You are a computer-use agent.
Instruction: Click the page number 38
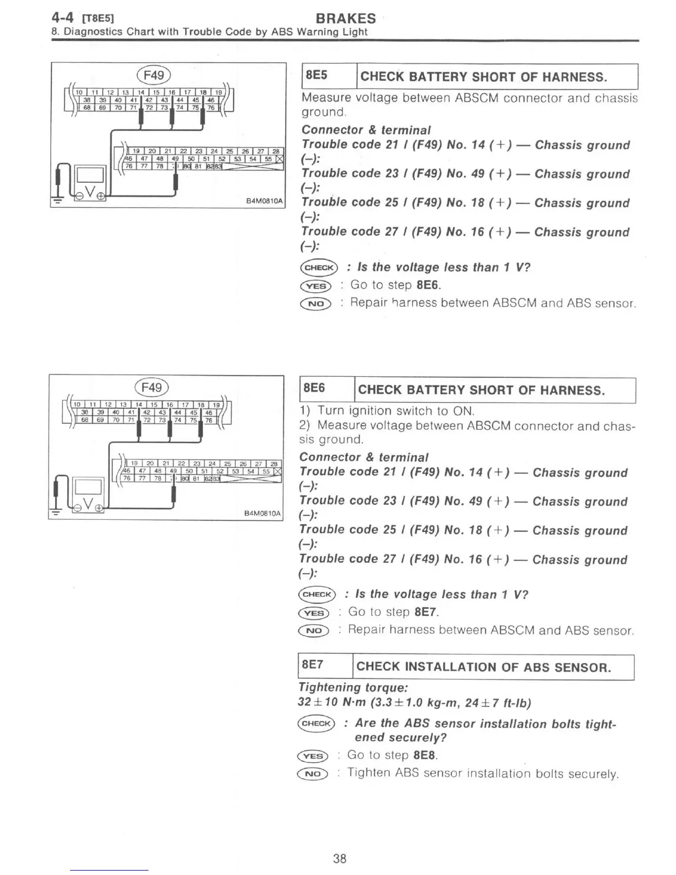340,858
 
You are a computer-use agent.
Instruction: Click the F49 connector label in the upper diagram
154,75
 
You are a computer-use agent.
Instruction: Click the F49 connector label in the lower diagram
151,387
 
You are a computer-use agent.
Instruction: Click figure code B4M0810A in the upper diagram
265,202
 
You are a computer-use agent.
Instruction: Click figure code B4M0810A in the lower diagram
262,514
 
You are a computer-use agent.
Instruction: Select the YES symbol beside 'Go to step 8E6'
316,286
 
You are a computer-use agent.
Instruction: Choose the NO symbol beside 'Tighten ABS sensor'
313,773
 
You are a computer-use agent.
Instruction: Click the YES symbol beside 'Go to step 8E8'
313,756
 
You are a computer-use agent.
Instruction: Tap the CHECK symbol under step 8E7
316,723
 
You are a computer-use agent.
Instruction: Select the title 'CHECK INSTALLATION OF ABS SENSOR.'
483,667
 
